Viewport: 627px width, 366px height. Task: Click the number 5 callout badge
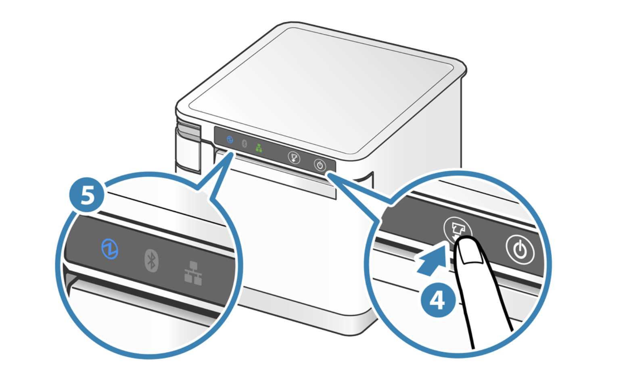(87, 195)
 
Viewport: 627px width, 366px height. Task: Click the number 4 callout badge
(438, 300)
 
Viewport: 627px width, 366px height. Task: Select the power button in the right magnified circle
(520, 250)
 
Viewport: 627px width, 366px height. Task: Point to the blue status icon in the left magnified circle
(110, 249)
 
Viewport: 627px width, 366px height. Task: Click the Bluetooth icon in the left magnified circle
(151, 260)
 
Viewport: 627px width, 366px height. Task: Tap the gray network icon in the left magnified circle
(193, 273)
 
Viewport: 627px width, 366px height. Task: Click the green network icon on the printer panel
(259, 148)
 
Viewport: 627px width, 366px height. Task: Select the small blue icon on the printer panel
(230, 139)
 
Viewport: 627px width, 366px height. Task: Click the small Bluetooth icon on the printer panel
(245, 144)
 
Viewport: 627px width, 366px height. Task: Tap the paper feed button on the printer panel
(294, 158)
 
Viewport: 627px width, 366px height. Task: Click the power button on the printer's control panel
(320, 165)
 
